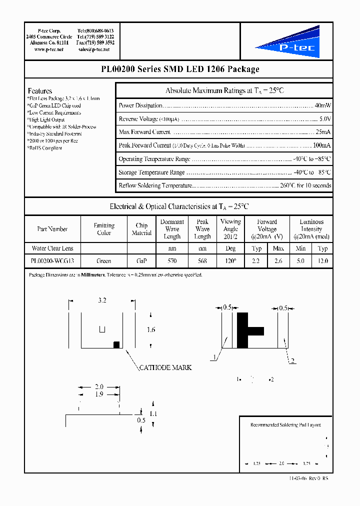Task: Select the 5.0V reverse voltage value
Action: [324, 119]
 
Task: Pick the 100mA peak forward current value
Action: [321, 145]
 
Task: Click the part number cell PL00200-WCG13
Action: [52, 261]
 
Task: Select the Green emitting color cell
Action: [103, 261]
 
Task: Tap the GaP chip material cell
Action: [141, 261]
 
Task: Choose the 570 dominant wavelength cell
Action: [172, 261]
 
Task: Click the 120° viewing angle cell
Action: [230, 261]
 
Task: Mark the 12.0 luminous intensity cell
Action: [322, 261]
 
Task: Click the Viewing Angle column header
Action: [230, 229]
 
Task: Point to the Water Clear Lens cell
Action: [52, 248]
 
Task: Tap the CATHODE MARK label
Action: [165, 367]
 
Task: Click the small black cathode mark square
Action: [116, 344]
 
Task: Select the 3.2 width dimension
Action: [102, 300]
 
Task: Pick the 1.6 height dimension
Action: [151, 330]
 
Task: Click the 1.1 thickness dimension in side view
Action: [153, 413]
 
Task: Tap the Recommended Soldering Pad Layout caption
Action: [285, 425]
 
